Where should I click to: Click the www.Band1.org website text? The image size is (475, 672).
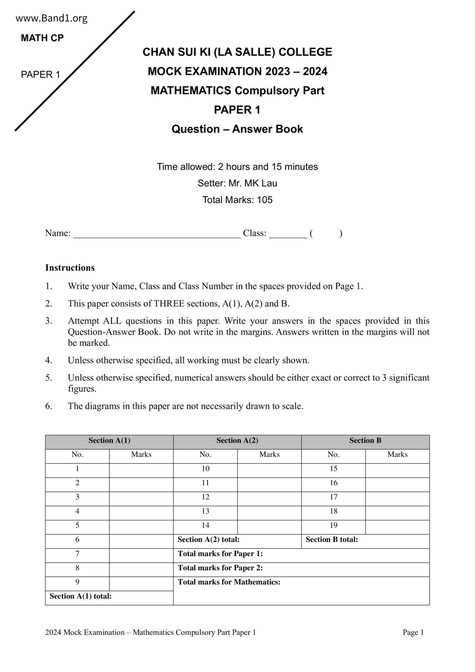[x=51, y=18]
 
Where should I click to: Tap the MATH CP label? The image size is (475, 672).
[x=42, y=38]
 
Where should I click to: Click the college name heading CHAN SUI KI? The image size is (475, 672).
[x=237, y=52]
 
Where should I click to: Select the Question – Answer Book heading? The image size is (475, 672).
[x=237, y=129]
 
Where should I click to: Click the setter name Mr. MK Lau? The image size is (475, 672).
[x=252, y=184]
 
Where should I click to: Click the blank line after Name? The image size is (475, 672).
[x=157, y=234]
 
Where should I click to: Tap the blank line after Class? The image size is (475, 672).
[x=288, y=234]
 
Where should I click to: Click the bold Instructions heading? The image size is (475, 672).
[x=70, y=268]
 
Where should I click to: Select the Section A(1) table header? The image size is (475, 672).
[x=109, y=441]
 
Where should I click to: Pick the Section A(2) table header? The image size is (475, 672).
[x=237, y=441]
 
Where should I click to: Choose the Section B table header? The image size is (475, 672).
[x=365, y=441]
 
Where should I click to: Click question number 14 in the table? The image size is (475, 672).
[x=205, y=526]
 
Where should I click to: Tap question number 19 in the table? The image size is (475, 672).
[x=333, y=526]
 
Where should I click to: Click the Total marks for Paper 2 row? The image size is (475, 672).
[x=301, y=568]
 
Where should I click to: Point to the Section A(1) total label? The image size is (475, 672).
[x=80, y=597]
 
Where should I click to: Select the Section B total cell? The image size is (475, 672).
[x=365, y=540]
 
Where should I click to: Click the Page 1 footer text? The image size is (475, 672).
[x=413, y=633]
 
